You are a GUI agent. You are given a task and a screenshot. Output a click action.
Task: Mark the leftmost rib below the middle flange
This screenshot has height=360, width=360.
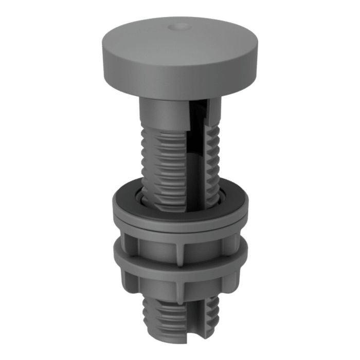click(x=129, y=280)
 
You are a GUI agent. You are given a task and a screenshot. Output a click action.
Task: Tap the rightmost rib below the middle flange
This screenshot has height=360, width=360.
click(x=232, y=280)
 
